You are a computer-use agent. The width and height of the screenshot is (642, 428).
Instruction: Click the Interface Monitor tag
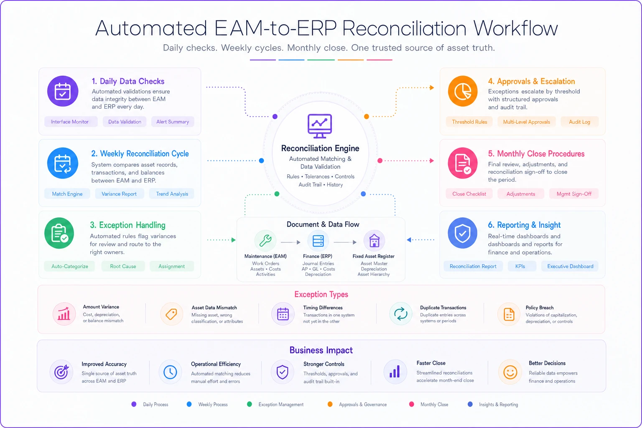click(x=70, y=122)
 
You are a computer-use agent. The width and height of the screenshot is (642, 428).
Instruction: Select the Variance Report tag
click(x=119, y=194)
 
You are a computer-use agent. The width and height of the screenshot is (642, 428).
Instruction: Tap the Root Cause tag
click(x=123, y=266)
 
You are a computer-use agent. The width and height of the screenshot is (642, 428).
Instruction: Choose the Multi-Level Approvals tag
click(x=527, y=122)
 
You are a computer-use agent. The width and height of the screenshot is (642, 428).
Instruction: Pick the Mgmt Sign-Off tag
click(x=574, y=194)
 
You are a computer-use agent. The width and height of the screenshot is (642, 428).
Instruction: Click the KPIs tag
click(x=520, y=266)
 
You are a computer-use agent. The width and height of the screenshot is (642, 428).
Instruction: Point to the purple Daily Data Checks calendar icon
click(x=63, y=91)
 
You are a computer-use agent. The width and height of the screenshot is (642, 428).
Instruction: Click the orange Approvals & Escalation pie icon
click(x=463, y=91)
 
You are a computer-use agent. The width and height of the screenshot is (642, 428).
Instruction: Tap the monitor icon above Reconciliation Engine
click(x=320, y=126)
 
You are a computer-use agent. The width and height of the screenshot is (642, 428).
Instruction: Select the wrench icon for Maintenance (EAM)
click(x=265, y=240)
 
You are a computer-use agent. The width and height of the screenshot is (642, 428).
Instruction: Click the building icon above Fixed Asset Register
click(x=374, y=240)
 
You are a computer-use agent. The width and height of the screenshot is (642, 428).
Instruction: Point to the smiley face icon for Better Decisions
click(x=510, y=372)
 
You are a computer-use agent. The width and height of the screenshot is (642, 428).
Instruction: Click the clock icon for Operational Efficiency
click(x=170, y=372)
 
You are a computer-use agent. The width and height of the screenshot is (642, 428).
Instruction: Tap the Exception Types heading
click(x=321, y=294)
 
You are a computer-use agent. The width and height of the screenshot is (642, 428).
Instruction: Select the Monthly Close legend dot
click(x=412, y=404)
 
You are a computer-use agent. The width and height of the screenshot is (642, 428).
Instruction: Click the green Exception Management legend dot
click(x=250, y=404)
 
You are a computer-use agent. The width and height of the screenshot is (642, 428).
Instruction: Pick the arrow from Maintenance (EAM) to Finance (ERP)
click(x=290, y=242)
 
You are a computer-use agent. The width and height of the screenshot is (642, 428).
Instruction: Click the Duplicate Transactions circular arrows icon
click(x=400, y=313)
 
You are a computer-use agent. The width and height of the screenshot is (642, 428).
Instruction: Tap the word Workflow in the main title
click(x=515, y=28)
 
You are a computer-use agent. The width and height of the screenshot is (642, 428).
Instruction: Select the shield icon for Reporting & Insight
click(x=463, y=233)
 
